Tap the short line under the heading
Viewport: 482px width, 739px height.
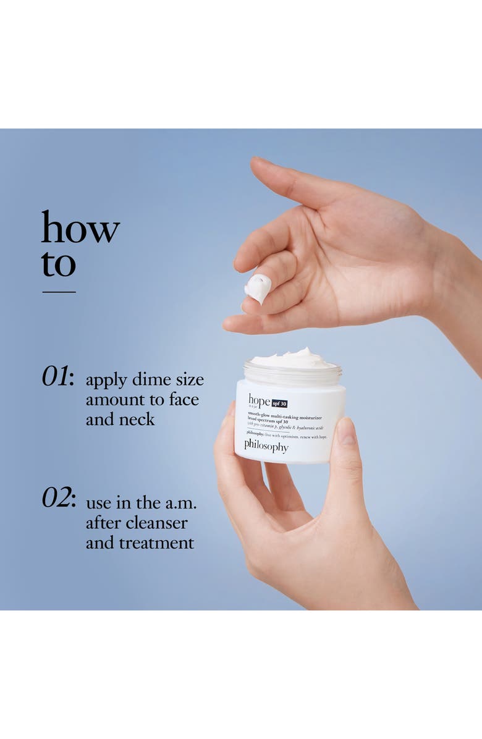pyautogui.click(x=59, y=291)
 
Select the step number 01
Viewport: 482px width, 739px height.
pyautogui.click(x=57, y=376)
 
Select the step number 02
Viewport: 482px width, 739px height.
pyautogui.click(x=57, y=498)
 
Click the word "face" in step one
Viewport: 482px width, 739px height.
pyautogui.click(x=181, y=400)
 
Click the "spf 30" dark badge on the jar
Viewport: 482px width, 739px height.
pyautogui.click(x=279, y=403)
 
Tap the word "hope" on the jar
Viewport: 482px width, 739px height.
pyautogui.click(x=259, y=400)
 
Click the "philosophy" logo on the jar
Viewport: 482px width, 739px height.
pyautogui.click(x=266, y=446)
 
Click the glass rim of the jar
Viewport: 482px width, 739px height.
pyautogui.click(x=292, y=373)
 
